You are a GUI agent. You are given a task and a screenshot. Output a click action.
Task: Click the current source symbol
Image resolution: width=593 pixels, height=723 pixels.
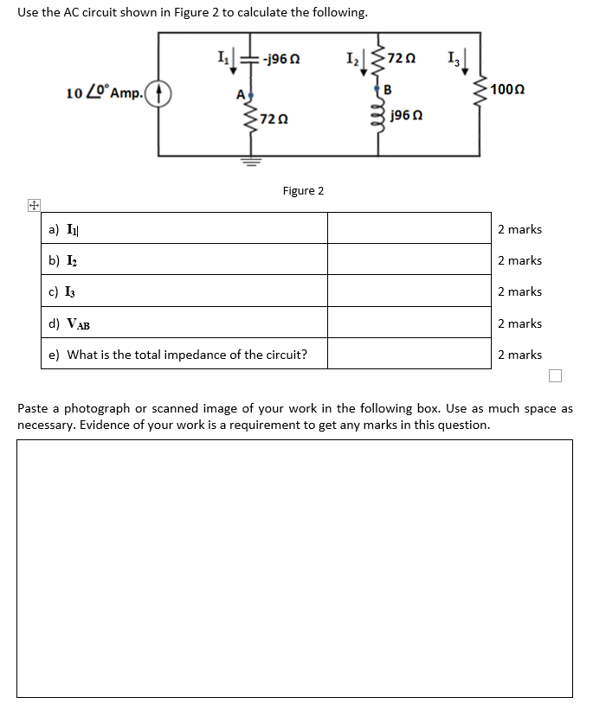point(160,93)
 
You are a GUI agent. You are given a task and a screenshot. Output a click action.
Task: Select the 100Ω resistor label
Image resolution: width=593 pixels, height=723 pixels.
point(507,90)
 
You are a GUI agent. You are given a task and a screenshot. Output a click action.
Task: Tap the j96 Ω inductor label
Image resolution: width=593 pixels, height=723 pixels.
point(405,115)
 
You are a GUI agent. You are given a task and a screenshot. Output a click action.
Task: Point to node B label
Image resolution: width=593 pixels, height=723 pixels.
point(387,89)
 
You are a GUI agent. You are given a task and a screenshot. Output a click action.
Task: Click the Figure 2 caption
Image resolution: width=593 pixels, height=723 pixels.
point(303,190)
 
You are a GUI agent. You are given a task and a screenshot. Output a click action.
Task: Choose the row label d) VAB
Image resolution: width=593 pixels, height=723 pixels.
point(70,323)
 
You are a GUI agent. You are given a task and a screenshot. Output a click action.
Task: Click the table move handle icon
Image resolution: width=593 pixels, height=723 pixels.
point(32,206)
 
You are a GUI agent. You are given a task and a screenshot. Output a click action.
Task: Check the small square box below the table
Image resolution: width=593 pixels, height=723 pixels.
point(555,375)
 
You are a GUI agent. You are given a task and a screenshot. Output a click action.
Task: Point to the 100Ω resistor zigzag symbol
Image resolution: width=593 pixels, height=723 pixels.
point(478,91)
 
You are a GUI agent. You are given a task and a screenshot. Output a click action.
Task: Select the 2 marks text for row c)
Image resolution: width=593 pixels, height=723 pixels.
point(519,291)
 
